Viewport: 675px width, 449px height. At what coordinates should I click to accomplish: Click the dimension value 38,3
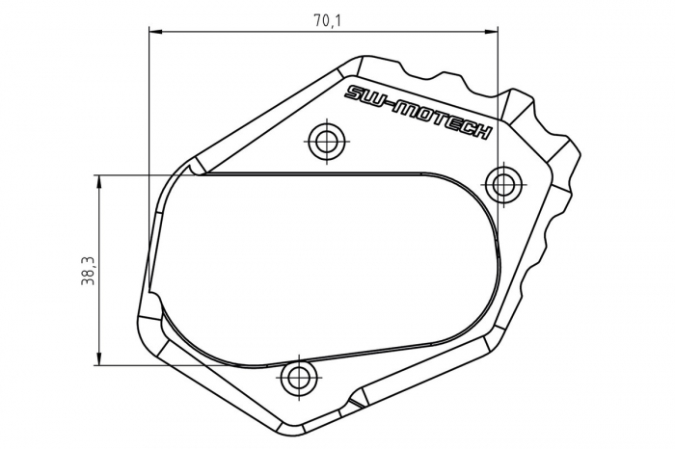coord(88,271)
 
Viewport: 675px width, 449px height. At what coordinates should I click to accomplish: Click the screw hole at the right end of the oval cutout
coord(502,182)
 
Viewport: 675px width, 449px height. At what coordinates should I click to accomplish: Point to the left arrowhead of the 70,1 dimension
coord(154,31)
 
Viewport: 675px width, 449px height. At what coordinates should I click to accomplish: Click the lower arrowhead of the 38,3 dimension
coord(99,359)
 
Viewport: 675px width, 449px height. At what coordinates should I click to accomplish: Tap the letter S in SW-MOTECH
coord(354,93)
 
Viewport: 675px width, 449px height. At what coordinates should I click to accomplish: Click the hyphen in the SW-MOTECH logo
coord(391,105)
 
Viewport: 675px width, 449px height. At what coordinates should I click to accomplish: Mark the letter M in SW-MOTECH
coord(406,109)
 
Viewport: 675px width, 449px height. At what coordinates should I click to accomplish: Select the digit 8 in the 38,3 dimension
coord(88,277)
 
